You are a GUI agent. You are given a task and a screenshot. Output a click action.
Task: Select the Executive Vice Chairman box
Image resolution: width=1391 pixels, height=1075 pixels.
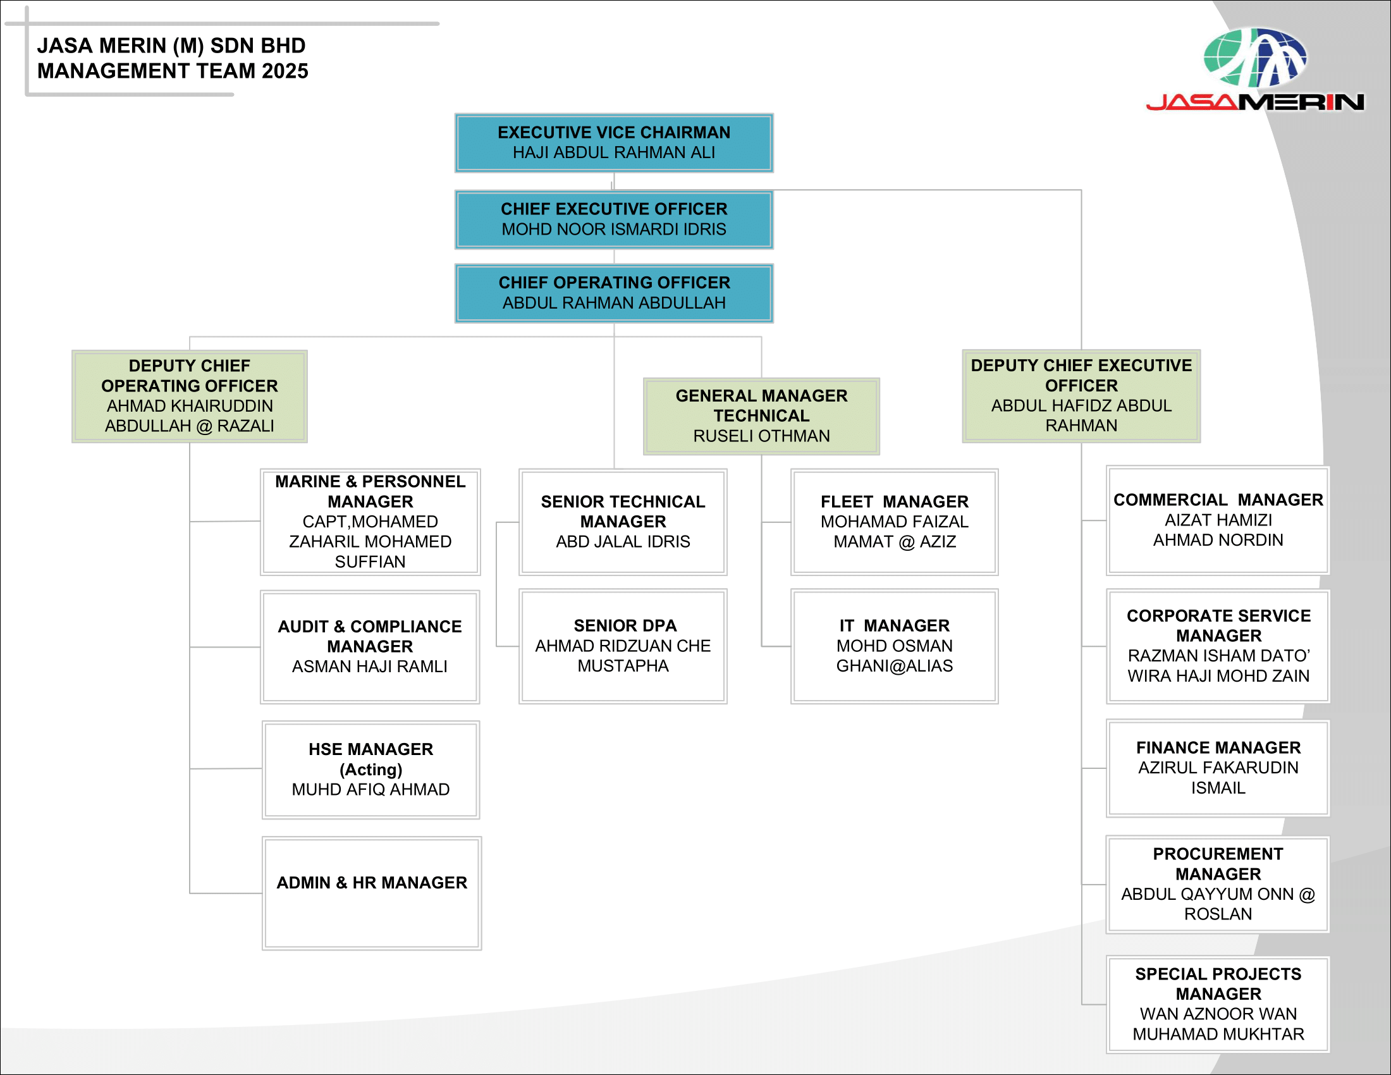(x=613, y=143)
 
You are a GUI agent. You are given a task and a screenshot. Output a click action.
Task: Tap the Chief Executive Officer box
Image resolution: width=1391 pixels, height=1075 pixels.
(x=613, y=219)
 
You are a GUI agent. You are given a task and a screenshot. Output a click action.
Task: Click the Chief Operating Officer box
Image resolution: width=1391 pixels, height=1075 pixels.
(x=613, y=293)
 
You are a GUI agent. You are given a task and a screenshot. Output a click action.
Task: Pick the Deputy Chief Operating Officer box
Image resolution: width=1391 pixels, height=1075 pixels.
(x=189, y=395)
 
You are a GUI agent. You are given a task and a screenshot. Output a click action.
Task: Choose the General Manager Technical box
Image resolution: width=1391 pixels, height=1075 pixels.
(x=761, y=416)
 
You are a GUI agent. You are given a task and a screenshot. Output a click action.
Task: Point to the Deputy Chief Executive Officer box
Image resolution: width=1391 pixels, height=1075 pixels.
(x=1081, y=395)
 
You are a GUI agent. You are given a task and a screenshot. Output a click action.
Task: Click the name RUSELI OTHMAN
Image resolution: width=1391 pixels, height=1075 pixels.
(x=761, y=436)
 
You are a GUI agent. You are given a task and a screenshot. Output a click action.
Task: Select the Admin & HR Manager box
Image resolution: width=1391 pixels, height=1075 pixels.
(x=371, y=893)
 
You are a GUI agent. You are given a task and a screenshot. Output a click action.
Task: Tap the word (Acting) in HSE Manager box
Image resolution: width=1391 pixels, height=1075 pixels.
(x=371, y=770)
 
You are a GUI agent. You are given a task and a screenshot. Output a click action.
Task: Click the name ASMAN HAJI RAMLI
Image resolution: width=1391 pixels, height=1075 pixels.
(x=369, y=666)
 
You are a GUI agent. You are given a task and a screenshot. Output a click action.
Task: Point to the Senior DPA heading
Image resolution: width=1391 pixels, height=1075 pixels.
(x=625, y=625)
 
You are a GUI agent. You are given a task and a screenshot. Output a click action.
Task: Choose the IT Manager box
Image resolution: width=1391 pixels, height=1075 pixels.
(x=894, y=646)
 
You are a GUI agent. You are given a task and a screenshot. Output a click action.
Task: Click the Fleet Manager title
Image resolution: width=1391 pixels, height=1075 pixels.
(x=894, y=502)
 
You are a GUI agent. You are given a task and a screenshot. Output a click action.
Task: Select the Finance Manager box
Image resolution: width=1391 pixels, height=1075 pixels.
(x=1218, y=768)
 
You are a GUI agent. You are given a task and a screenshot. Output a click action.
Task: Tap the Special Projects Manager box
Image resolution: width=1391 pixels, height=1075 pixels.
(x=1218, y=1004)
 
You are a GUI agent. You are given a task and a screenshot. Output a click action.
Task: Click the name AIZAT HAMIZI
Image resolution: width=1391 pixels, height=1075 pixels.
(x=1218, y=520)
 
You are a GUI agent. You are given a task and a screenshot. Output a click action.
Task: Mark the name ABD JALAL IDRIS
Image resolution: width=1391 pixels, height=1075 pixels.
(x=623, y=542)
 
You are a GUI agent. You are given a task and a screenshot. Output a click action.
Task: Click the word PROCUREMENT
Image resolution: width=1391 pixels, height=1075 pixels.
(x=1218, y=854)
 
